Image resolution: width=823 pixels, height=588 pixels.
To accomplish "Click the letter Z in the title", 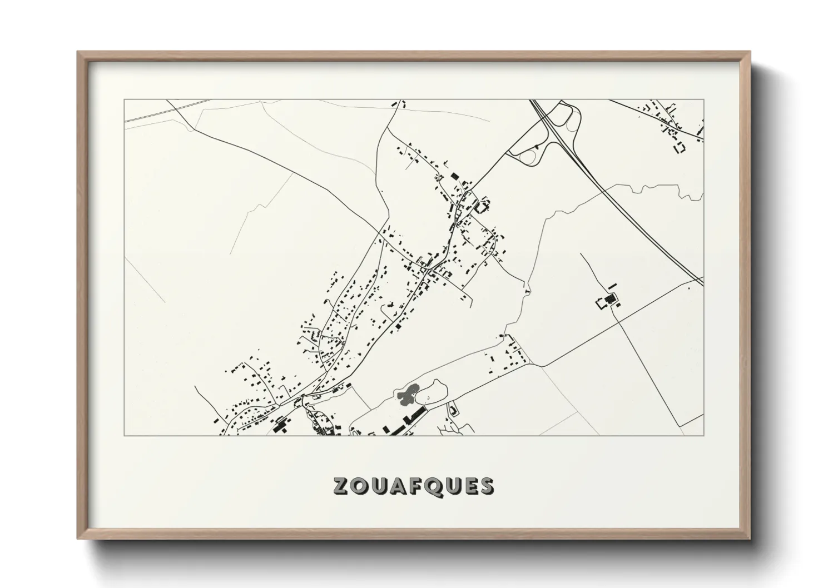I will pyautogui.click(x=341, y=486).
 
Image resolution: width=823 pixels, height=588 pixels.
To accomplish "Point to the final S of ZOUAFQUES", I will pyautogui.click(x=487, y=486).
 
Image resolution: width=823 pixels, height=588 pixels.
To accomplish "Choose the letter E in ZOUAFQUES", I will pyautogui.click(x=468, y=486).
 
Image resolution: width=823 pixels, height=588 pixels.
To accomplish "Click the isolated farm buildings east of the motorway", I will pyautogui.click(x=608, y=301).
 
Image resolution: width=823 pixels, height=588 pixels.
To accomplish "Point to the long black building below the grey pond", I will pyautogui.click(x=414, y=415).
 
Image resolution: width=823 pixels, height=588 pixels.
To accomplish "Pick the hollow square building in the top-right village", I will pyautogui.click(x=680, y=148).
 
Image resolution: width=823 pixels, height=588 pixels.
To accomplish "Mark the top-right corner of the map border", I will pyautogui.click(x=703, y=100).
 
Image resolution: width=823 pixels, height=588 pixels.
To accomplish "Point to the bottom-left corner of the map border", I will pyautogui.click(x=124, y=435).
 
